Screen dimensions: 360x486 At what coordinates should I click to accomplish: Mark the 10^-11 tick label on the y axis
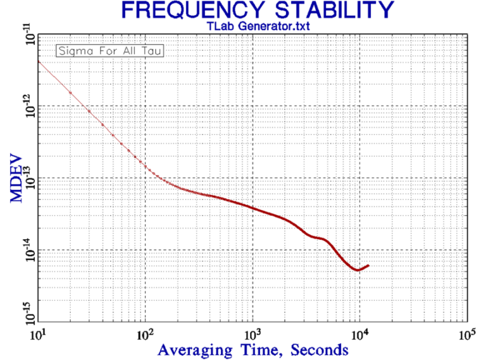point(27,33)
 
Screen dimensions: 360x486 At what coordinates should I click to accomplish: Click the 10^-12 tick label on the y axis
point(27,106)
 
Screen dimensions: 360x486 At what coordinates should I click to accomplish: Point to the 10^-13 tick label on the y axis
point(27,178)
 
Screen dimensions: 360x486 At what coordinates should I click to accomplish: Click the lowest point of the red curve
point(358,270)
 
